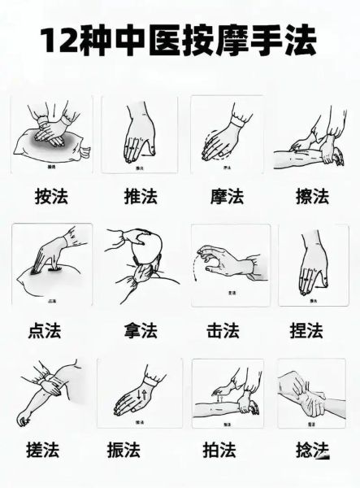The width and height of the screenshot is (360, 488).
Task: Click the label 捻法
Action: pyautogui.click(x=310, y=450)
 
